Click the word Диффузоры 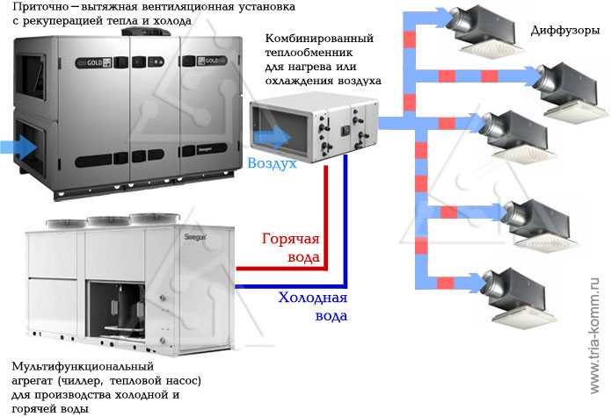(x=564, y=30)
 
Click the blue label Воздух (x=272, y=163)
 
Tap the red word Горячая (x=290, y=239)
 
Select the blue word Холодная (x=312, y=298)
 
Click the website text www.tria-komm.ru (x=594, y=335)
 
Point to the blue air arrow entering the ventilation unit (x=18, y=147)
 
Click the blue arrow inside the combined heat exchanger (x=273, y=137)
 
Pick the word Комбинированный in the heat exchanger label (x=319, y=39)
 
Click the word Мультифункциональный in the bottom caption (x=83, y=367)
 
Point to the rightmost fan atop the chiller (x=155, y=219)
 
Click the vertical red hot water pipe (x=326, y=216)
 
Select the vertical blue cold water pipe (x=346, y=220)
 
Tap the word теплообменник (x=309, y=52)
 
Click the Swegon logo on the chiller (x=195, y=236)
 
